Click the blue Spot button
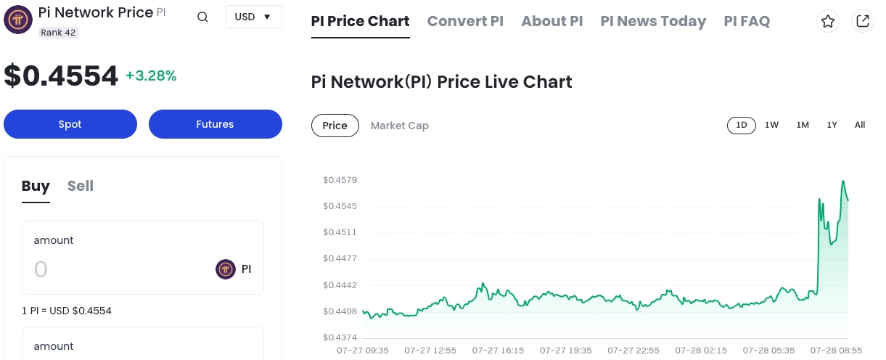pos(70,124)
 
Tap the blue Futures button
pos(215,124)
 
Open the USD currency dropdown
pos(253,17)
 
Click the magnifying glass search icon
pos(203,17)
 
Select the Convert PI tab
pos(465,21)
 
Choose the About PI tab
pos(551,21)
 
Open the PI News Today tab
pos(653,21)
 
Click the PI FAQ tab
pos(747,21)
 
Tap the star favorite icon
pos(828,22)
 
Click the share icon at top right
pos(863,22)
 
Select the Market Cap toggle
pos(399,126)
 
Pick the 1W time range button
pos(771,125)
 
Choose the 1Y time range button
pos(832,125)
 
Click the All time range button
pos(860,125)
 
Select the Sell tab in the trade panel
pos(81,186)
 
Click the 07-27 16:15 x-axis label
pos(498,351)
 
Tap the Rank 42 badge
pos(58,33)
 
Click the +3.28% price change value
pos(151,75)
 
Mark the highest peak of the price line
pos(844,181)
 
